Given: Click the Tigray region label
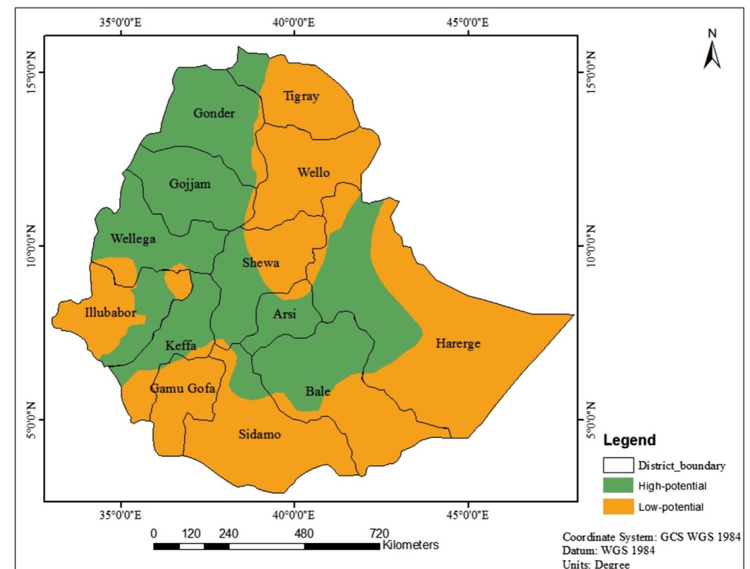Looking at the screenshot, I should tap(301, 96).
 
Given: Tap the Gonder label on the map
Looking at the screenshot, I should tap(214, 113).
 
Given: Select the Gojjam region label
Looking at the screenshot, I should tap(190, 184).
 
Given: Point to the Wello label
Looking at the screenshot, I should tap(313, 172).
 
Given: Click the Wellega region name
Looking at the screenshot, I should tap(133, 239).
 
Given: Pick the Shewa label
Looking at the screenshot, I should tap(261, 263).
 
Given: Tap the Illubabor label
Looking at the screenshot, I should tap(111, 312).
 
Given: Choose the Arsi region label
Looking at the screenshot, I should tap(285, 314).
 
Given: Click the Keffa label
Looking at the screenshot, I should tap(181, 346).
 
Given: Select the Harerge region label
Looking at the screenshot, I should tap(458, 344).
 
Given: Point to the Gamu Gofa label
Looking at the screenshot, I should tap(182, 388).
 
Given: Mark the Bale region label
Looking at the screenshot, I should tap(318, 391).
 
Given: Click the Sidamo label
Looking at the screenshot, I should tap(259, 434).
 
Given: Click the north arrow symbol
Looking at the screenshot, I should tap(712, 51).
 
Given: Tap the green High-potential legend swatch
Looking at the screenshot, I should tap(618, 486).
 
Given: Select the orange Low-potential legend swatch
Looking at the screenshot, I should tap(618, 507).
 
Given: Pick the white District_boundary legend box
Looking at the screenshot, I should tap(618, 465).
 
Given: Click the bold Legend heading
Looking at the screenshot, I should tap(629, 440).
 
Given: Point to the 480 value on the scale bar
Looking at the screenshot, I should tap(304, 533).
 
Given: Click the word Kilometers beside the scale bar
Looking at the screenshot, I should tap(410, 545).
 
